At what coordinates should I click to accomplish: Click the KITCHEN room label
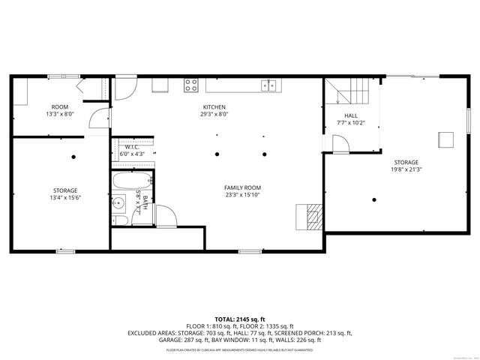(214, 107)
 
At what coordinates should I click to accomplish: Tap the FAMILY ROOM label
(242, 187)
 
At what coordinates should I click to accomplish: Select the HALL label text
(350, 115)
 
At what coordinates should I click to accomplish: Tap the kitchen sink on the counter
(269, 84)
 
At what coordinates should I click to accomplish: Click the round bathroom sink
(118, 204)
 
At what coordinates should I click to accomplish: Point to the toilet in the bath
(118, 219)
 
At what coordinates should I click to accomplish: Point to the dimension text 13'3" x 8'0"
(60, 115)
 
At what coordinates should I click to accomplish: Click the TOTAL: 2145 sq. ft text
(239, 319)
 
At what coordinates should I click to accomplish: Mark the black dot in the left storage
(73, 156)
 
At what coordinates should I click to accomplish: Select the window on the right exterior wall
(469, 119)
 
